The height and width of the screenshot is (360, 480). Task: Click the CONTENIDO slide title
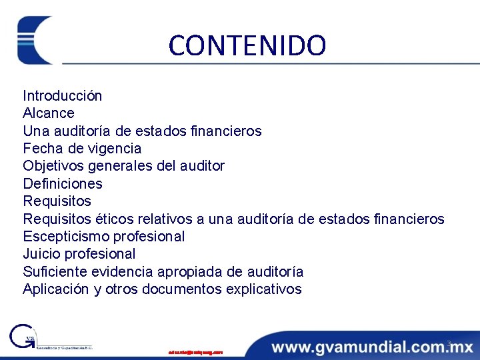(x=247, y=45)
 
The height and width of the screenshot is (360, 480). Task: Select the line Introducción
(x=63, y=95)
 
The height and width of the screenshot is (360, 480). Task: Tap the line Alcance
(x=49, y=113)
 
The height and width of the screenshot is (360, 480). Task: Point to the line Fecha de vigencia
(x=82, y=148)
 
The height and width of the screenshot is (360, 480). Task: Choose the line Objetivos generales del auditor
(x=123, y=165)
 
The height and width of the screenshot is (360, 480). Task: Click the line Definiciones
(x=63, y=183)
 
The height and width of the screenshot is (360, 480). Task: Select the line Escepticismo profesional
(x=103, y=236)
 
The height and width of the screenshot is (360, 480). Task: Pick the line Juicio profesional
(x=79, y=254)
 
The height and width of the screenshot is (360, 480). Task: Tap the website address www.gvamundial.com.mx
(x=372, y=347)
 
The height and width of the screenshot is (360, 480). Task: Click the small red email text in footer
(x=195, y=351)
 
